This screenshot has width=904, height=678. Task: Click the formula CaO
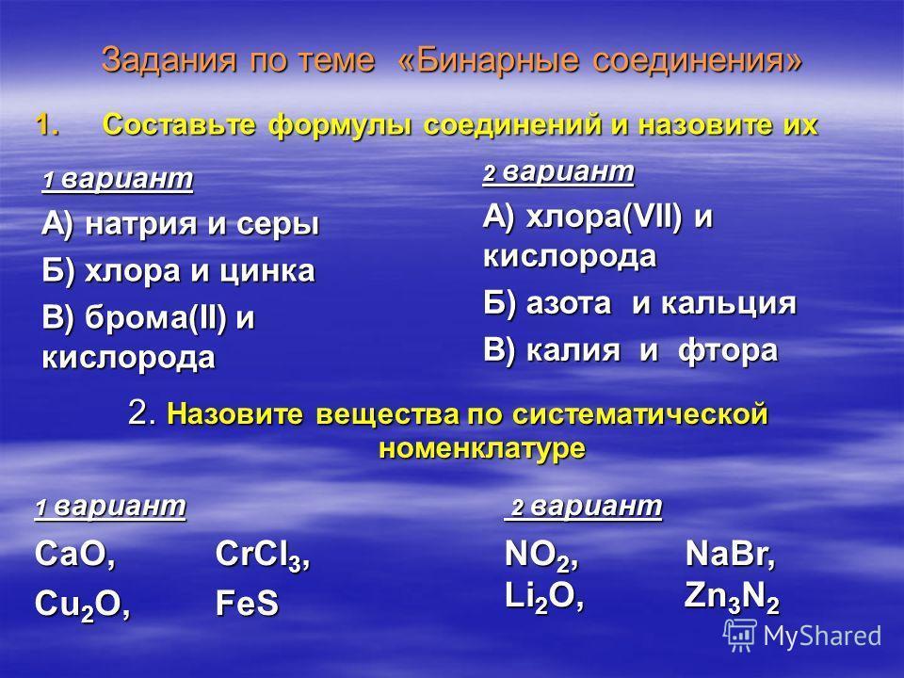(x=70, y=554)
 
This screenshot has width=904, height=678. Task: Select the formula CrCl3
(x=258, y=556)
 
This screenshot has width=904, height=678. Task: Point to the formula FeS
(x=247, y=603)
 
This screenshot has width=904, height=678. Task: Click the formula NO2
(x=537, y=556)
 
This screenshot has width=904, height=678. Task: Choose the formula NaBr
(x=726, y=554)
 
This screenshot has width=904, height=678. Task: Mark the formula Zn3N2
(x=732, y=598)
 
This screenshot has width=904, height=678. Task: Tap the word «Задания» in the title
(x=169, y=60)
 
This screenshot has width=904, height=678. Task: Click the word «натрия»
(x=140, y=225)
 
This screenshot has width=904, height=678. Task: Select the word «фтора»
(x=728, y=351)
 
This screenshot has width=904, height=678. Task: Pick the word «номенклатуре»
(x=482, y=448)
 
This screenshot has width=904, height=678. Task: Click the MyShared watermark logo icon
(x=740, y=636)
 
